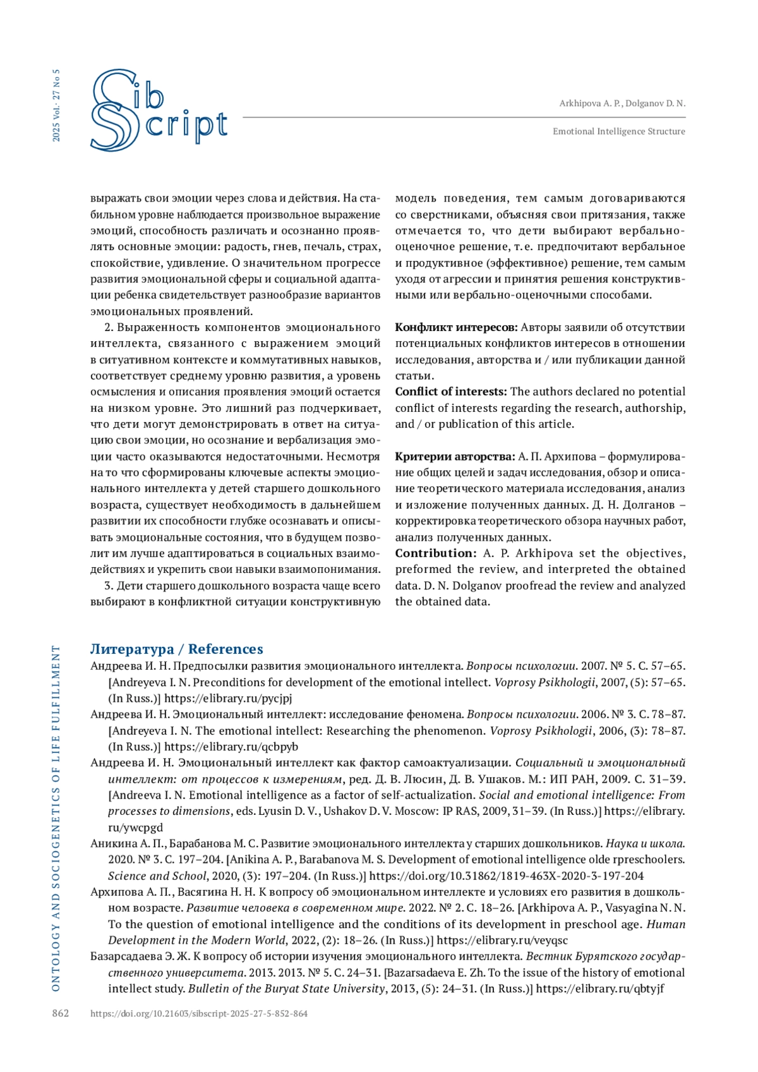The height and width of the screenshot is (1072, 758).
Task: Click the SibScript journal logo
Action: tap(158, 111)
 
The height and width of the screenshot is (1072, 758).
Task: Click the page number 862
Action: tap(60, 1013)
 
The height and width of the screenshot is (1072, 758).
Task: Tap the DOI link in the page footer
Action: tap(199, 1013)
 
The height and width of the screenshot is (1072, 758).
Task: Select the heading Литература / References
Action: tap(176, 649)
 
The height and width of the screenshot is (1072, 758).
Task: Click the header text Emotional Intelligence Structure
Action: tap(618, 131)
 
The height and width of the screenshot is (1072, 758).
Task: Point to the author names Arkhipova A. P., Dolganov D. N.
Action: tap(622, 103)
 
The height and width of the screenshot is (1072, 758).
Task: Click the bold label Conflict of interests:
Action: tap(451, 392)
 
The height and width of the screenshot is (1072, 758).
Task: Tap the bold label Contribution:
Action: tap(436, 553)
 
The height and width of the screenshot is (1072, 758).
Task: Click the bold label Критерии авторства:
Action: tap(455, 457)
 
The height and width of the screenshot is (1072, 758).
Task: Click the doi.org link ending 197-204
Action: tap(507, 876)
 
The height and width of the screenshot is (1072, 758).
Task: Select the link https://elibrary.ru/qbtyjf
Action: tap(600, 989)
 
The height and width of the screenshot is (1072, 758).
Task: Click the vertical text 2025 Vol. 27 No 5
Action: tap(57, 105)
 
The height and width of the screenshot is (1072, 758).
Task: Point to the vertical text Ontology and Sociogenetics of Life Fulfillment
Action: tap(56, 818)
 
